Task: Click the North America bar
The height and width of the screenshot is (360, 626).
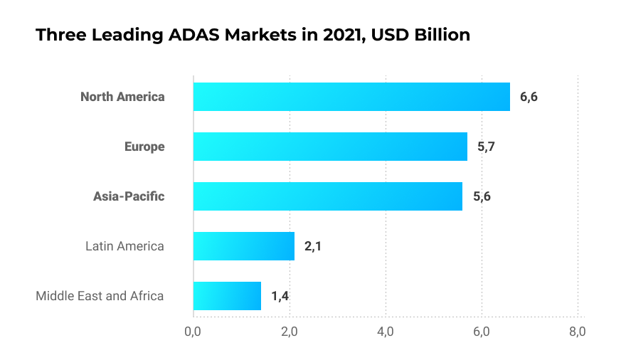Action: (x=351, y=97)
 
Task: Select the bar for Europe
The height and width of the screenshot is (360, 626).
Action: (x=330, y=147)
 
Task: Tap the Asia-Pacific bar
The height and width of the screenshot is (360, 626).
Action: (x=328, y=196)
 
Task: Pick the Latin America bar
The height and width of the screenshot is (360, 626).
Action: (x=243, y=246)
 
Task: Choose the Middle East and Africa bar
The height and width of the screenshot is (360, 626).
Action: (x=227, y=296)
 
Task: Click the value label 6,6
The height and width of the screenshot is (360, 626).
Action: (x=529, y=97)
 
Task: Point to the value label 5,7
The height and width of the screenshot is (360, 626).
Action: (x=486, y=147)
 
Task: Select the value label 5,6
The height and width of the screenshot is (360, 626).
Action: (x=482, y=196)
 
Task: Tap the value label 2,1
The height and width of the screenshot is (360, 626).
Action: (x=313, y=246)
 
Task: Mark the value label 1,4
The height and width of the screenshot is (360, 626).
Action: (x=280, y=296)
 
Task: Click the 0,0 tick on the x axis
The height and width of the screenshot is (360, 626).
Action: (x=193, y=332)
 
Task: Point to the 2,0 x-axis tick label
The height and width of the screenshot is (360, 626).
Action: (x=289, y=332)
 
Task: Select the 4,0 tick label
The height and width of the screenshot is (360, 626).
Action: (x=386, y=332)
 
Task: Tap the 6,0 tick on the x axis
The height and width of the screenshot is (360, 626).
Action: (x=482, y=332)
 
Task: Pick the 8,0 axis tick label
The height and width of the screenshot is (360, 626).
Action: (x=578, y=332)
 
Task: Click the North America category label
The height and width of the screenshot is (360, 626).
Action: (x=122, y=97)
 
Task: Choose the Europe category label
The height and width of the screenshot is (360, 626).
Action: (x=144, y=147)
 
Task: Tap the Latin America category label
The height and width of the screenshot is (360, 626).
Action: (x=124, y=246)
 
